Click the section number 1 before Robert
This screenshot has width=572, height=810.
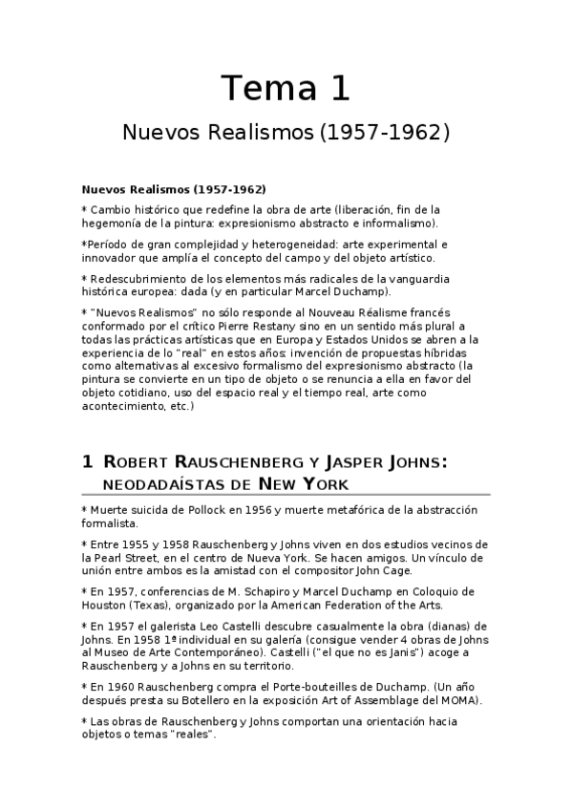click(87, 462)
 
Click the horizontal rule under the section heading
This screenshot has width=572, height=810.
click(286, 494)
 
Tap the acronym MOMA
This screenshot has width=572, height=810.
click(460, 698)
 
